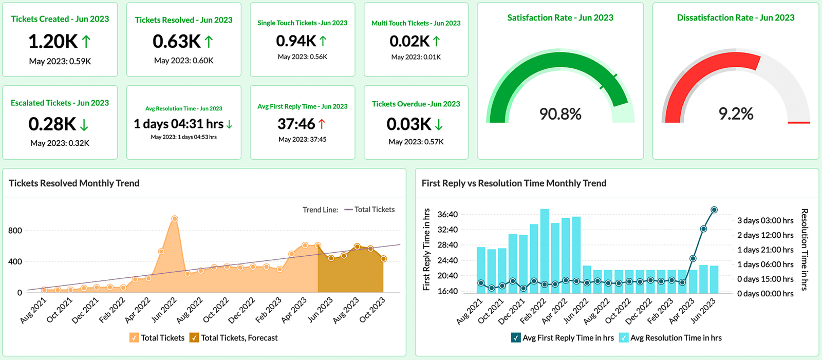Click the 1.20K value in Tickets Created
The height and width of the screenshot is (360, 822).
53,41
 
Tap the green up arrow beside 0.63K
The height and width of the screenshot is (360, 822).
209,41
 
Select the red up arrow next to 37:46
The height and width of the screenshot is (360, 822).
322,124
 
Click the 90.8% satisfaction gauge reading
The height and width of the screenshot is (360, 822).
560,114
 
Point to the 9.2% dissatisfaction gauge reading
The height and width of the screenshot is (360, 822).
736,114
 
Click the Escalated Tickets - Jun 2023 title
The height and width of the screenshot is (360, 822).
60,103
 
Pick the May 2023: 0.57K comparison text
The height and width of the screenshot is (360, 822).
416,142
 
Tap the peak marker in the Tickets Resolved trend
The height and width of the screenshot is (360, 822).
175,219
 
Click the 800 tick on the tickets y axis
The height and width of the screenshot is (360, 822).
15,231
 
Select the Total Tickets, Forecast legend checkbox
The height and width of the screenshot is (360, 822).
194,337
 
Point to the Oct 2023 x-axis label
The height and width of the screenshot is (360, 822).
372,310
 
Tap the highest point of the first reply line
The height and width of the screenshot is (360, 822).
714,210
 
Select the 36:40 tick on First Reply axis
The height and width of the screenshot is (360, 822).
447,215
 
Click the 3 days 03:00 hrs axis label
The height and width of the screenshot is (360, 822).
765,220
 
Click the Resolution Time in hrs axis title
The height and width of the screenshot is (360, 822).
805,249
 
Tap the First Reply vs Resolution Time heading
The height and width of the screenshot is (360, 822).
514,183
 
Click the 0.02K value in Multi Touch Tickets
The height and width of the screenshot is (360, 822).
409,41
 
